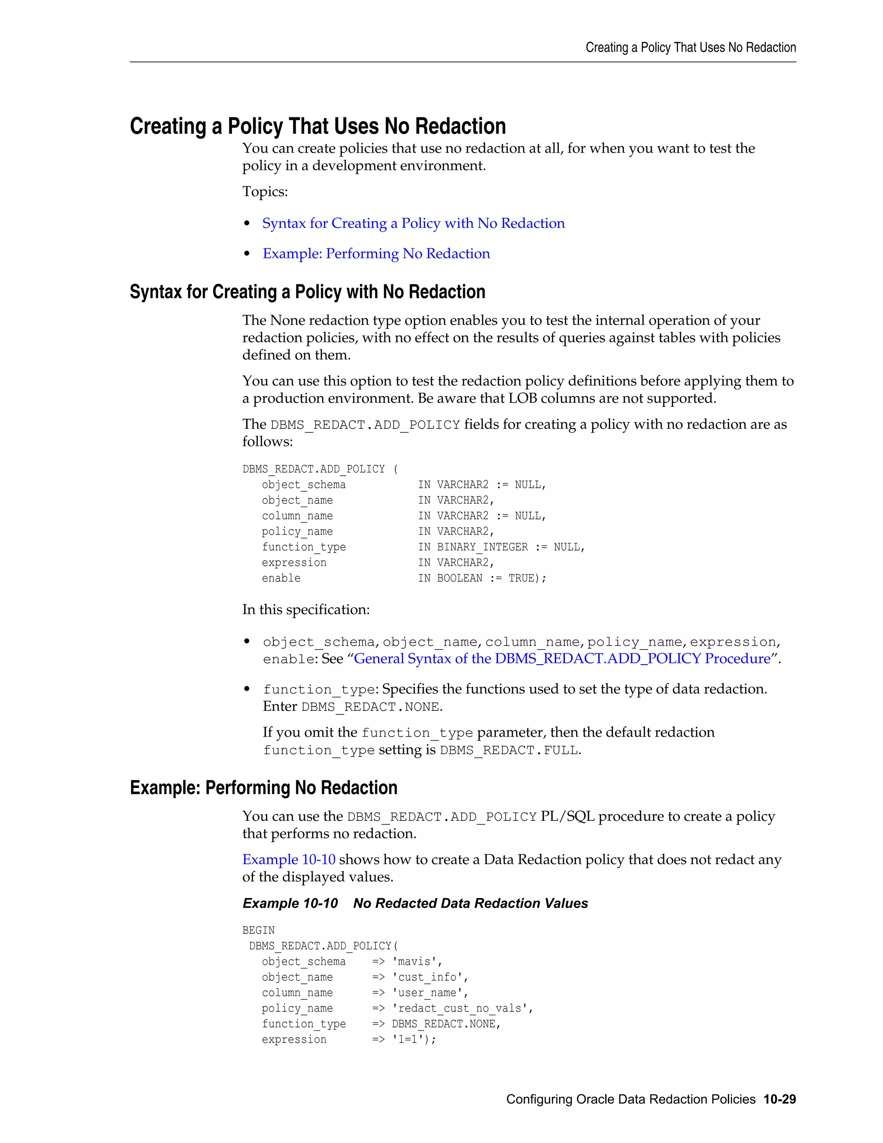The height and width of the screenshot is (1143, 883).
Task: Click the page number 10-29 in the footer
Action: [x=779, y=1099]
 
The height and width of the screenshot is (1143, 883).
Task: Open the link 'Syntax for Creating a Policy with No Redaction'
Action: [x=413, y=223]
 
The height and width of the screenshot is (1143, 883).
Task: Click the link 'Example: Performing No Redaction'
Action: [x=376, y=254]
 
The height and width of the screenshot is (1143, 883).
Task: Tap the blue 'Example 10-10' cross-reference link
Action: [x=289, y=859]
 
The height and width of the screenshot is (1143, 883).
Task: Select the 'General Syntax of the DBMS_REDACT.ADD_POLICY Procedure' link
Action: [x=562, y=658]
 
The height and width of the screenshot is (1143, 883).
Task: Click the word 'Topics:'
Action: [x=265, y=192]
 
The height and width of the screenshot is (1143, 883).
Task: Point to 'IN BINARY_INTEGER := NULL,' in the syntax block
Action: [x=501, y=547]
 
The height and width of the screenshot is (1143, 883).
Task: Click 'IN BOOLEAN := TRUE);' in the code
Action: [x=482, y=578]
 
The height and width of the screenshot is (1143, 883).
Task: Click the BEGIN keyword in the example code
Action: [x=258, y=930]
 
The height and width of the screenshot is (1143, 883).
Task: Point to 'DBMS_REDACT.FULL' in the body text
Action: [x=508, y=750]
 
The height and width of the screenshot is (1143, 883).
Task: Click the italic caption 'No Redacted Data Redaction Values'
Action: [x=470, y=903]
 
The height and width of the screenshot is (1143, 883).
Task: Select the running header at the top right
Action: [x=691, y=47]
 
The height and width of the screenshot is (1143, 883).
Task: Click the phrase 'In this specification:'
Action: [x=306, y=610]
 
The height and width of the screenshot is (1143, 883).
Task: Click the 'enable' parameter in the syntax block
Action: [x=281, y=578]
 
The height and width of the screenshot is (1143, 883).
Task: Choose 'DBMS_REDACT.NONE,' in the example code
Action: [x=446, y=1024]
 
